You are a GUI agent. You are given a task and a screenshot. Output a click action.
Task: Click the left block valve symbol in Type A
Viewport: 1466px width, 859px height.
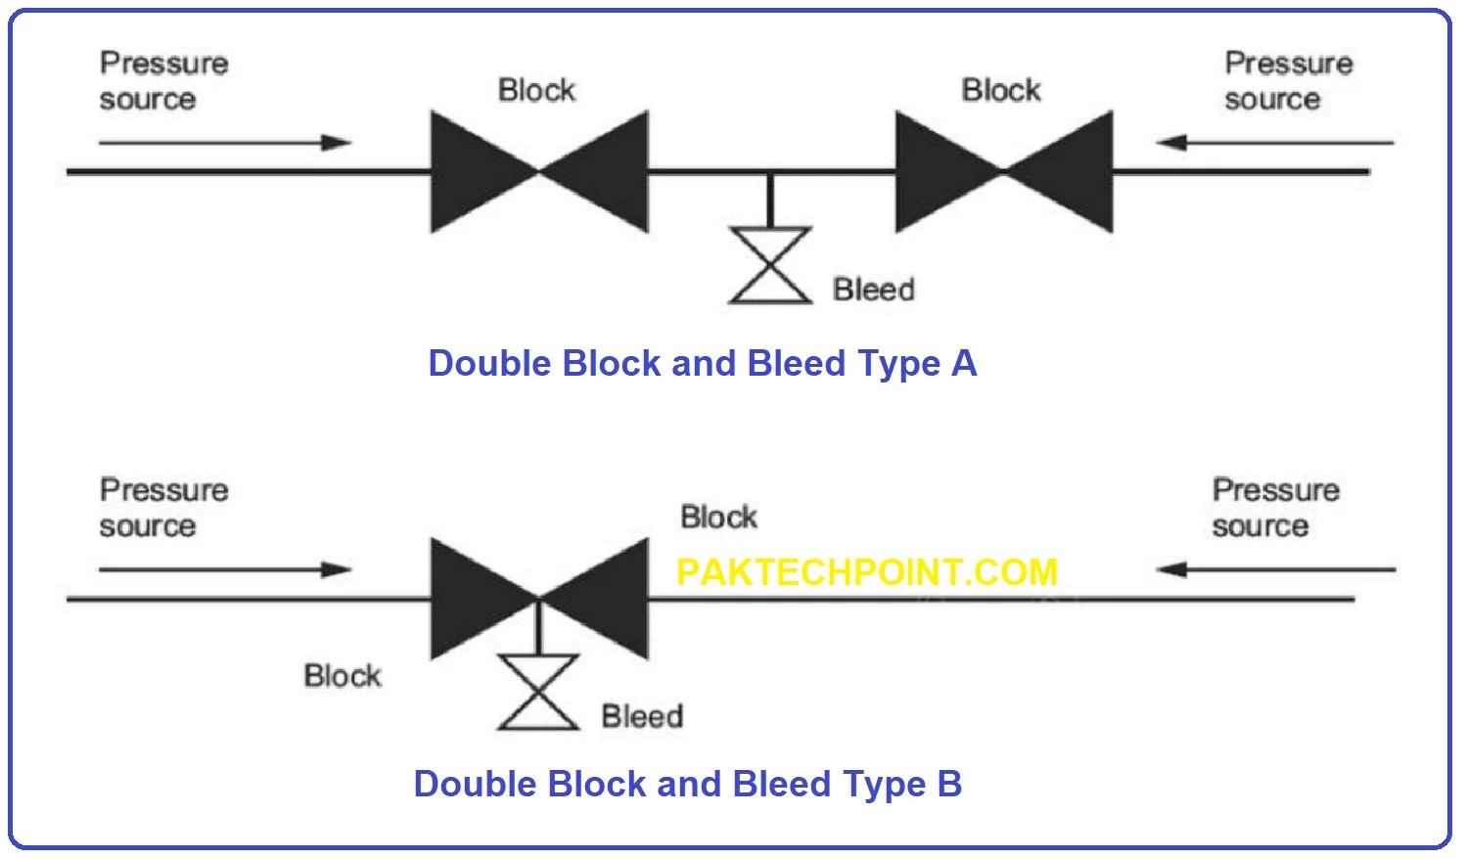coord(539,172)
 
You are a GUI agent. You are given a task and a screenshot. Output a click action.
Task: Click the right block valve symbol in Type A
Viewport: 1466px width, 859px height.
coord(1004,172)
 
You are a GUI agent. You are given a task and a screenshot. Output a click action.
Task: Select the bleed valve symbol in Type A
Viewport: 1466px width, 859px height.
coord(770,265)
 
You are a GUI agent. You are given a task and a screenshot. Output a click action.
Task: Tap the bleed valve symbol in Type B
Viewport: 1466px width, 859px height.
coord(538,693)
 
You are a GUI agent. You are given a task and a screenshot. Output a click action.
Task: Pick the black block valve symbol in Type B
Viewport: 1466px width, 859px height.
coord(539,598)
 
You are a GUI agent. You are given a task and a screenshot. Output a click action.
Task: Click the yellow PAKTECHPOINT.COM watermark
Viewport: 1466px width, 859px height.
coord(867,572)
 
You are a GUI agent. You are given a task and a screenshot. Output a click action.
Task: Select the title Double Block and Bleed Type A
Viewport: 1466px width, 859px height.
coord(703,363)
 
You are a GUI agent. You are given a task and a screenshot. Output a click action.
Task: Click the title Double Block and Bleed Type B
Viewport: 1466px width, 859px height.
coord(687,784)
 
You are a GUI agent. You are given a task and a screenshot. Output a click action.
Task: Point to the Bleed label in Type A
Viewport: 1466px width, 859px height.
coord(874,290)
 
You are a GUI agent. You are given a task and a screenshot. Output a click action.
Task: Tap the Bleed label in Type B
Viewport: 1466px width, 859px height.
coord(642,716)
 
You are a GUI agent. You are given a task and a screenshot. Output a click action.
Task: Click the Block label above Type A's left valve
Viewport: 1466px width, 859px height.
coord(536,90)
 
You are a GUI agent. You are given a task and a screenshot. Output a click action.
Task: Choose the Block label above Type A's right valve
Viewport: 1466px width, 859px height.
coord(1001,90)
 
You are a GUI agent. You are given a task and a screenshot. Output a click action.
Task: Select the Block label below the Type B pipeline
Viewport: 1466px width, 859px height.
coord(343,676)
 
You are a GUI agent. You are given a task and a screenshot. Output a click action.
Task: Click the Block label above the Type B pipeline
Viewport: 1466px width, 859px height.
coord(719,517)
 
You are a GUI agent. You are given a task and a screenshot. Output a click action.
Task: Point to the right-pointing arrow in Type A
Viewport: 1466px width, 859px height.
coord(225,143)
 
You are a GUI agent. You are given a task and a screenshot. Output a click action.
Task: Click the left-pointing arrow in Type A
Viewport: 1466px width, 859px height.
coord(1274,143)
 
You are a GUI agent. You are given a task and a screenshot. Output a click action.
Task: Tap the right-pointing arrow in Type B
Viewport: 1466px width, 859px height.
coord(225,569)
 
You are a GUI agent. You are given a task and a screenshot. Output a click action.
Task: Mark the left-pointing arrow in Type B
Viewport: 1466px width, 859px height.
coord(1275,569)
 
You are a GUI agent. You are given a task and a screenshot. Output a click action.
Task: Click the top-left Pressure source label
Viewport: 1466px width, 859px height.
coord(163,81)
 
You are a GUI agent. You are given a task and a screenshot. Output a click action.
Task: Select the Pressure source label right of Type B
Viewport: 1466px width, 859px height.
coord(1274,508)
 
